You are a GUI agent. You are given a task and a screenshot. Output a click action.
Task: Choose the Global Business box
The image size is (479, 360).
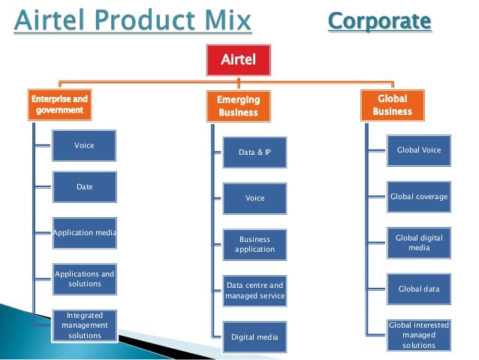coord(393,105)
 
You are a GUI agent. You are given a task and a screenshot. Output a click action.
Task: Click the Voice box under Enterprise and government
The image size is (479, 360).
coord(84,145)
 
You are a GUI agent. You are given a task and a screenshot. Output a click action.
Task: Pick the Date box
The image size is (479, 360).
coord(84,186)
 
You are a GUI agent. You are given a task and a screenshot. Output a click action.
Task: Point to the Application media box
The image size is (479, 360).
coord(84,233)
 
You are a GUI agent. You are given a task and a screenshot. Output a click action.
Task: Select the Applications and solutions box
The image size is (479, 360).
coord(84,279)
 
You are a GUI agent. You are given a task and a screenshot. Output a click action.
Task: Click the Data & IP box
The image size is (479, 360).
coord(255,153)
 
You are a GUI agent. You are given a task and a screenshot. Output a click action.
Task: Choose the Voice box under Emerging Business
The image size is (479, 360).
coord(255,198)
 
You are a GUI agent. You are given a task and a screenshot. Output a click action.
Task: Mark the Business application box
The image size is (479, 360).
coord(255,244)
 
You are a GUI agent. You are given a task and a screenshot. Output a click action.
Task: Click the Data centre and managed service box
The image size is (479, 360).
coord(255,291)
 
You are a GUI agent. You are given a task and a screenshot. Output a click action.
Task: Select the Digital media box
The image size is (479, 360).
coord(255,337)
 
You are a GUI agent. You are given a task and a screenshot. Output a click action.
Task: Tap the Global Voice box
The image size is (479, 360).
coord(419,150)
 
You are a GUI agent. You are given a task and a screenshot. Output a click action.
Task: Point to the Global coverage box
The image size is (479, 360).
coord(419,197)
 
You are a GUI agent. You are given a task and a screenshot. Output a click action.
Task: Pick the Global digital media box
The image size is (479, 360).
coord(419,243)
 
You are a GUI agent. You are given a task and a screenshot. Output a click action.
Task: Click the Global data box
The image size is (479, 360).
coord(419,289)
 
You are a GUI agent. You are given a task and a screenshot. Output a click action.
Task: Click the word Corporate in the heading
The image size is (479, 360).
coord(380,21)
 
